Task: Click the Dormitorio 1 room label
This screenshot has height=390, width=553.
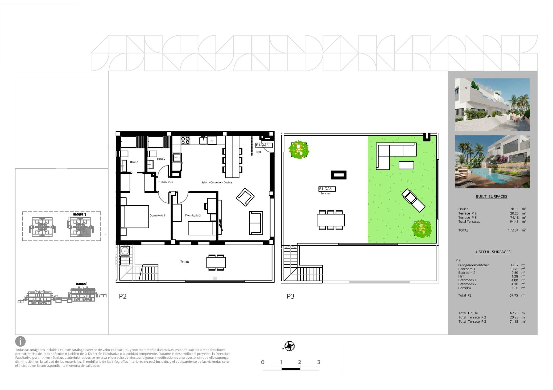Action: point(157,215)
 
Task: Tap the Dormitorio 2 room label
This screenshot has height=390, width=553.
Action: point(193,215)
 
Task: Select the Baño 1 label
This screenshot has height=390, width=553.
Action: point(134,162)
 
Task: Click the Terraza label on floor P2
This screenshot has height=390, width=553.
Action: point(185,262)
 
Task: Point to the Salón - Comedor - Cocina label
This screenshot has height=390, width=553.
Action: point(216,182)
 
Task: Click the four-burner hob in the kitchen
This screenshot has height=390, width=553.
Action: point(185,140)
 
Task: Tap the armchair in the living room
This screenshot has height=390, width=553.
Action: point(245,197)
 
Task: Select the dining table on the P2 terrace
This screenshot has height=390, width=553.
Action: point(216,262)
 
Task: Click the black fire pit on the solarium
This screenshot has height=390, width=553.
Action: point(338,175)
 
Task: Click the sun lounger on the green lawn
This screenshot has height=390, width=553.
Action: point(413,200)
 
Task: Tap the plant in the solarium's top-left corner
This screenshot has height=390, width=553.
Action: point(299,150)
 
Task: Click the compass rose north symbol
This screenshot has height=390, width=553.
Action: point(289,346)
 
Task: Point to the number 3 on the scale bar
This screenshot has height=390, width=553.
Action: point(319,362)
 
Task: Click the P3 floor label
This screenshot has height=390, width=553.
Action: point(290,296)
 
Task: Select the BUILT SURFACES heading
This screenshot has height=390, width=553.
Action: point(491,197)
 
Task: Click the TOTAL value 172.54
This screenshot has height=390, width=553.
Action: point(513,230)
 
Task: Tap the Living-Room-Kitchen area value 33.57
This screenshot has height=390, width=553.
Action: point(514,265)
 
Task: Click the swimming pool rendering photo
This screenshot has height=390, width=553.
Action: point(492,162)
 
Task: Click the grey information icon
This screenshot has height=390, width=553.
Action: point(20,342)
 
